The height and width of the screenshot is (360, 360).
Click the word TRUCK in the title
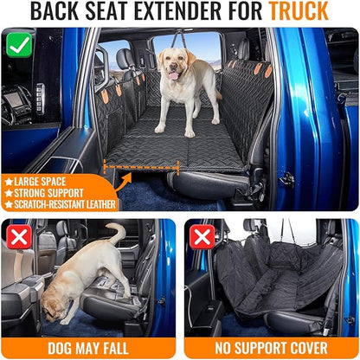coord(299,13)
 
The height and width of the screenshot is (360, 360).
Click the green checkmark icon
coord(18,43)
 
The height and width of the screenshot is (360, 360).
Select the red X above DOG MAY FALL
coord(19,236)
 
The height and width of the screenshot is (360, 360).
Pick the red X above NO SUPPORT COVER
coord(202,236)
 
